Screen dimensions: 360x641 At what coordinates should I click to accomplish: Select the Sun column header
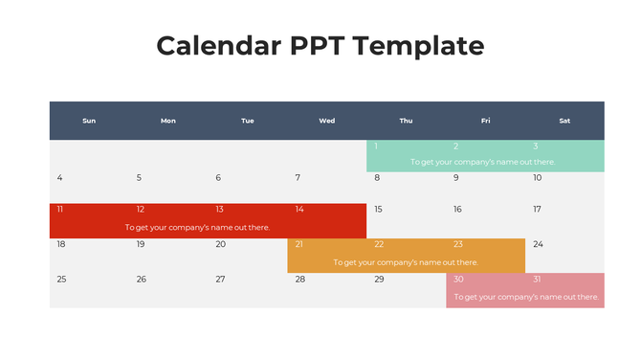click(x=89, y=121)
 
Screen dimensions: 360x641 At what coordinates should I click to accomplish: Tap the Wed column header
click(x=327, y=121)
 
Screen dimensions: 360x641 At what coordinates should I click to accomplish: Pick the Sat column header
click(x=564, y=121)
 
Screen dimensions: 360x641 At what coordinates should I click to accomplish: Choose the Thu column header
click(x=406, y=121)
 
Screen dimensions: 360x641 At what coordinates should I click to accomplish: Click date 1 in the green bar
click(x=377, y=146)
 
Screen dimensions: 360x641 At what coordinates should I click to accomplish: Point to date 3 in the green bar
click(x=536, y=146)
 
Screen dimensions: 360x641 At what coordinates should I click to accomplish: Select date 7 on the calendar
click(x=298, y=178)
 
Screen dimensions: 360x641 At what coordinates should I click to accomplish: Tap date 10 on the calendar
click(x=538, y=178)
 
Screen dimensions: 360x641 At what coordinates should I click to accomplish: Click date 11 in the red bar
click(x=60, y=210)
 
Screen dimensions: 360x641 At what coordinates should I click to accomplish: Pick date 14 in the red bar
click(x=299, y=210)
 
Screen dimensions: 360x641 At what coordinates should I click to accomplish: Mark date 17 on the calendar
click(x=538, y=210)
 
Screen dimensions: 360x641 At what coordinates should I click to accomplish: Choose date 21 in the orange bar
click(x=299, y=244)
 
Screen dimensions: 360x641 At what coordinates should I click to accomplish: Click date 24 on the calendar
click(x=538, y=244)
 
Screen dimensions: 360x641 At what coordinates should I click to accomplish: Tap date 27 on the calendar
click(x=220, y=280)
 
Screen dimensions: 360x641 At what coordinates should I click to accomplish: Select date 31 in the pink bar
click(x=538, y=280)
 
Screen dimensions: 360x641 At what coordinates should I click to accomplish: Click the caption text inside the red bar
click(x=198, y=228)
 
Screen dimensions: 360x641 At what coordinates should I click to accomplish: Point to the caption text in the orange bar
click(x=406, y=262)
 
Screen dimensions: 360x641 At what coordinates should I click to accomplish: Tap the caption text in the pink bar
click(x=526, y=298)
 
